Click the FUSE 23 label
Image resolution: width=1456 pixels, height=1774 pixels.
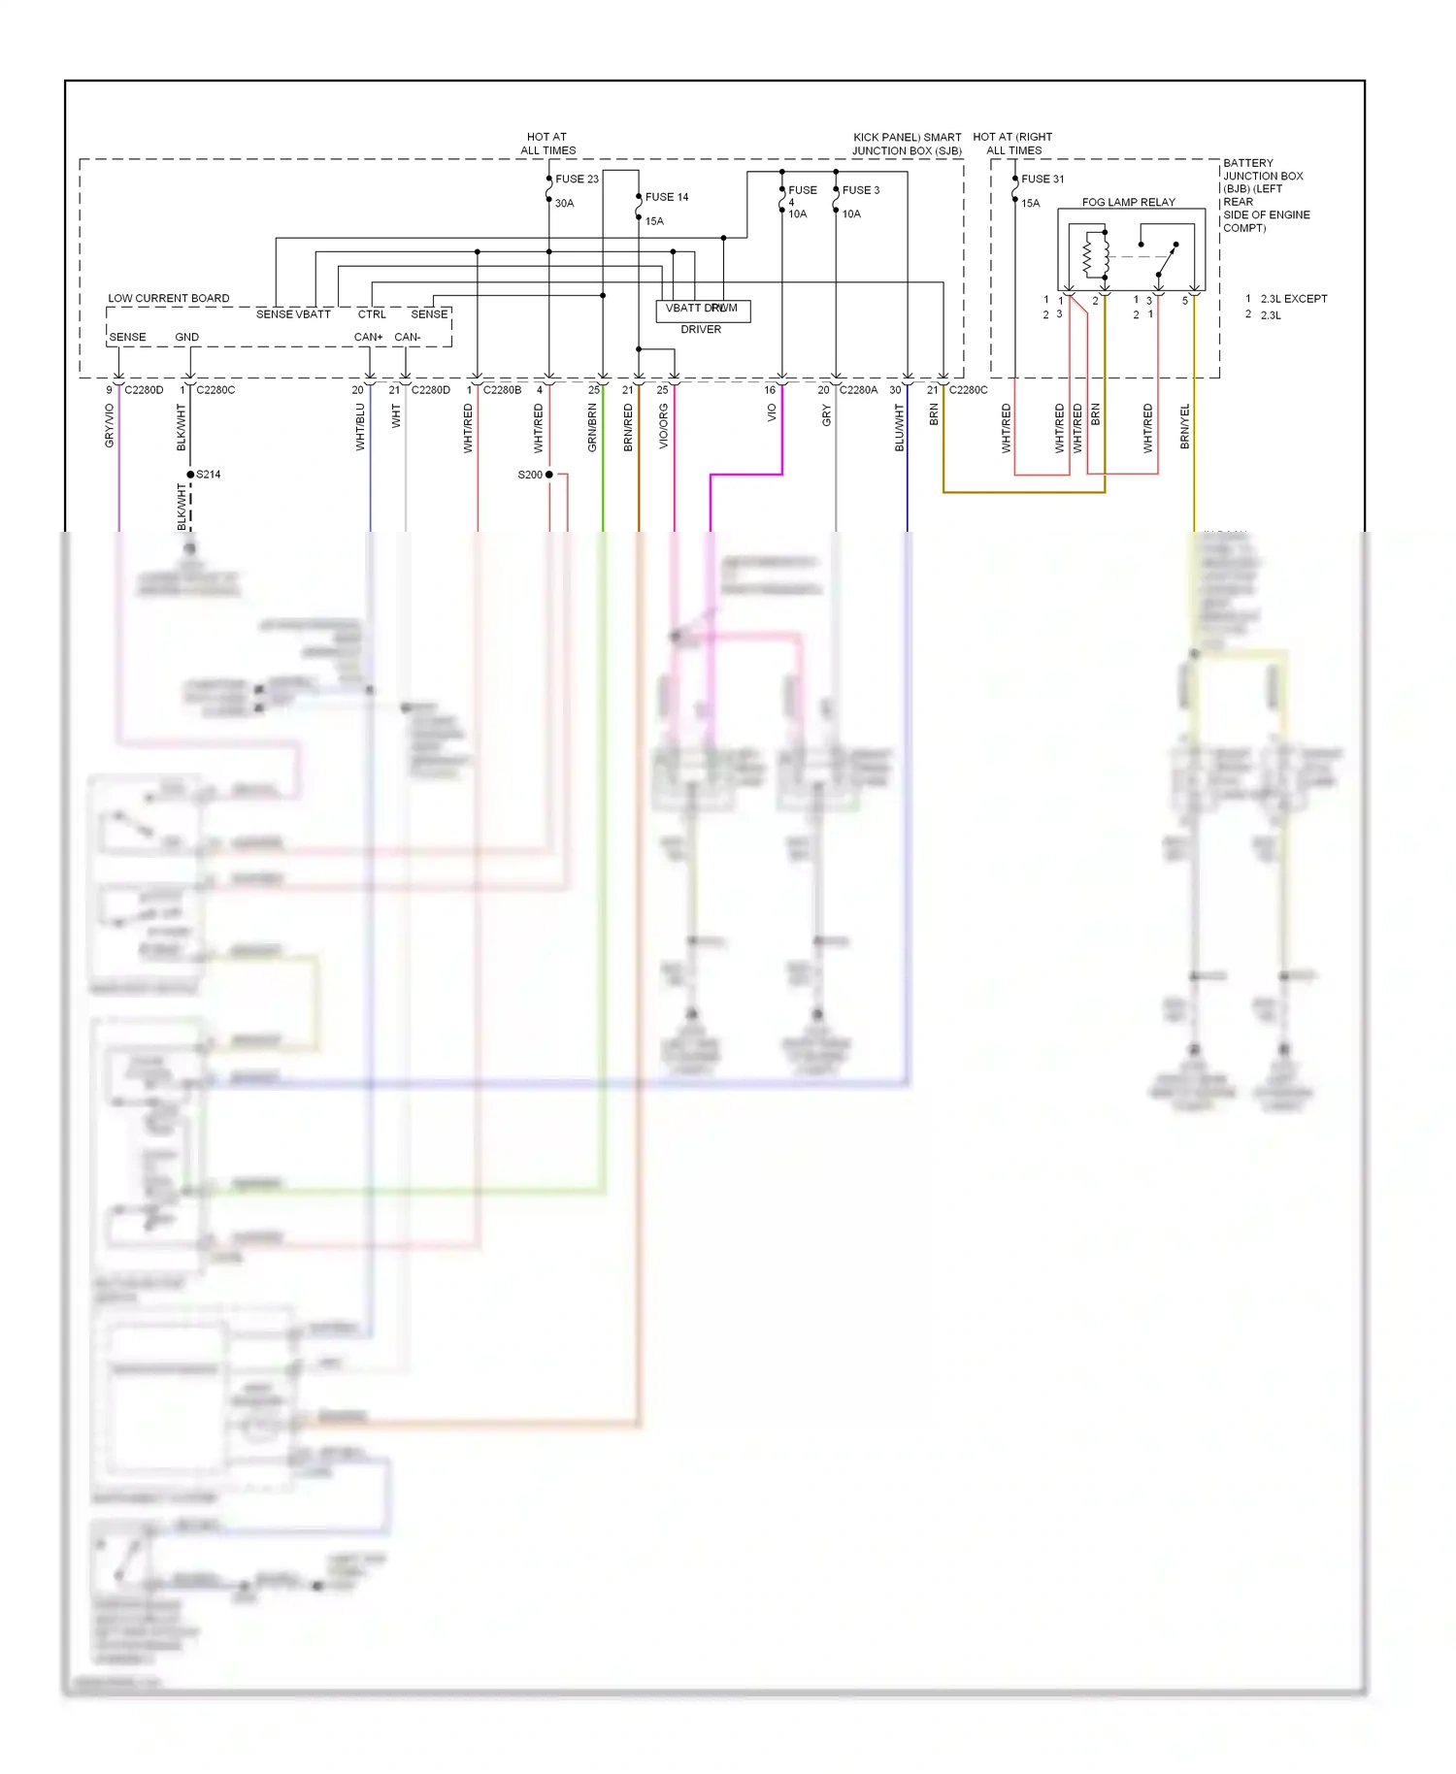[577, 180]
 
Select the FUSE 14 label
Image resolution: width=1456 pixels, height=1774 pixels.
[667, 197]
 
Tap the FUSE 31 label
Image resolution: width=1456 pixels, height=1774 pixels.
[1042, 180]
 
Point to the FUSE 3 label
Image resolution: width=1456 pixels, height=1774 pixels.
[861, 190]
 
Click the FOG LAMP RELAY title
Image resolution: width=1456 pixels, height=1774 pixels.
[1128, 203]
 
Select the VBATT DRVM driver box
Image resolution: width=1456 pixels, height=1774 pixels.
[703, 310]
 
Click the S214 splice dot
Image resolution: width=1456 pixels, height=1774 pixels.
[190, 475]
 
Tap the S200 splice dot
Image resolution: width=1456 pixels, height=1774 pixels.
[549, 475]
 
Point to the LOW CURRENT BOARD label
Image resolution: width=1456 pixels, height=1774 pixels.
[169, 299]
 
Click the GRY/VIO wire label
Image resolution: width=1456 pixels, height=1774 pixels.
[110, 426]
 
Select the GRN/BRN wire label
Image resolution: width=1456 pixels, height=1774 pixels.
[592, 428]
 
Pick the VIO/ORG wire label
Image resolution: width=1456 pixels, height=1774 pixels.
[664, 426]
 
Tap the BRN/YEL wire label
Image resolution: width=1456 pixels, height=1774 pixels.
[1184, 427]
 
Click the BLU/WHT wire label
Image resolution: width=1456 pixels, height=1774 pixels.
[899, 428]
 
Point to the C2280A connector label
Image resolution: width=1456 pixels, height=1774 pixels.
[858, 390]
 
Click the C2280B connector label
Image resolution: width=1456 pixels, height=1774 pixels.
[502, 390]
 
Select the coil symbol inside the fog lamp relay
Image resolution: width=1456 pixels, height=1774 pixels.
[1089, 256]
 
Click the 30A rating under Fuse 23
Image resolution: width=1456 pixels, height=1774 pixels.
[564, 204]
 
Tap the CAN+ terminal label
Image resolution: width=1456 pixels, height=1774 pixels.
[368, 338]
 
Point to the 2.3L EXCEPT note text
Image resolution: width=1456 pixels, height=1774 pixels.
[1293, 299]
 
